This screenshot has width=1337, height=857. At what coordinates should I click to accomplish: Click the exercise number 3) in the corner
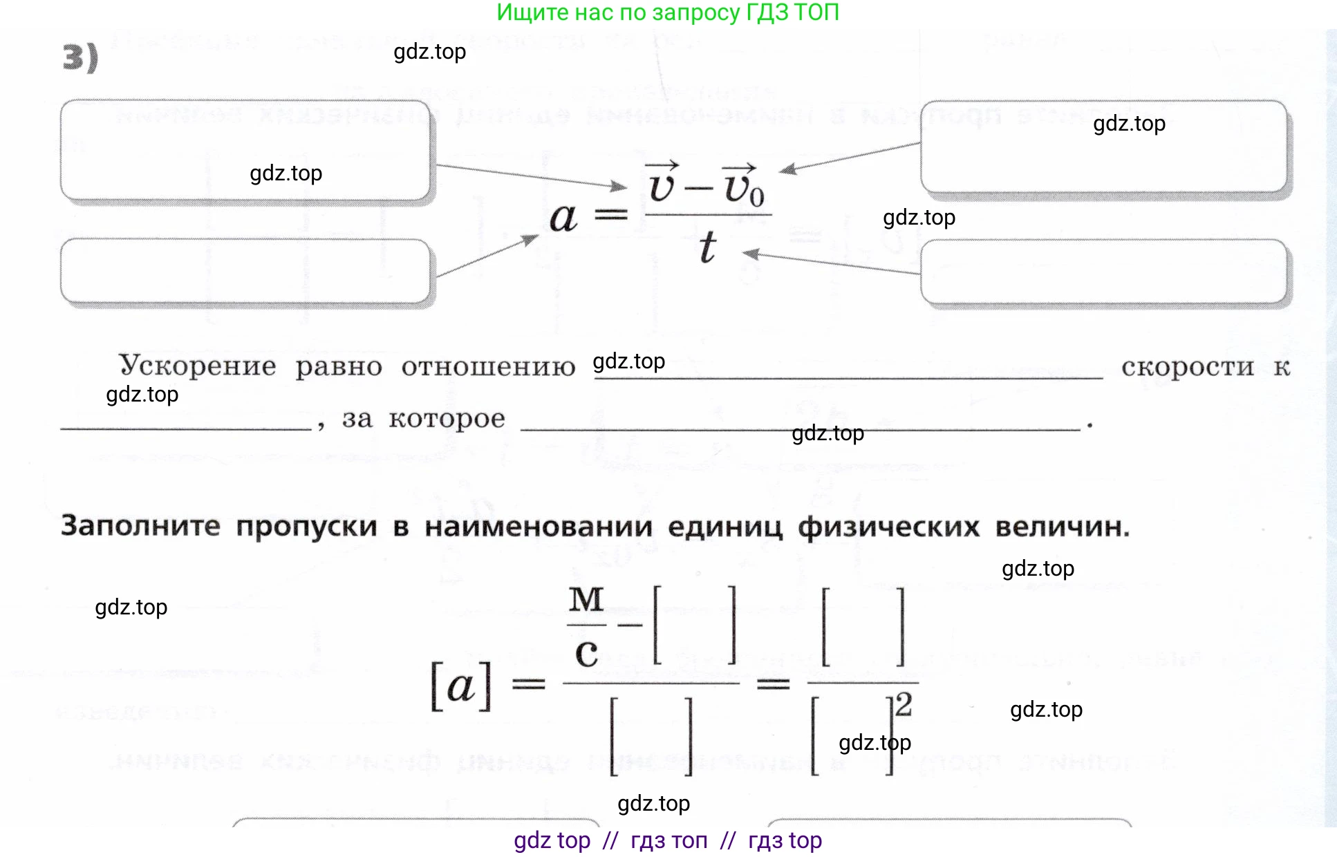click(x=80, y=57)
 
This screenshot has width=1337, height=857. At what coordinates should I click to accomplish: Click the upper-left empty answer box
click(x=245, y=150)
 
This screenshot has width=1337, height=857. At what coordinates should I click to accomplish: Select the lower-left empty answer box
click(x=245, y=271)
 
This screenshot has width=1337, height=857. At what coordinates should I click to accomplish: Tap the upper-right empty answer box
click(x=1104, y=147)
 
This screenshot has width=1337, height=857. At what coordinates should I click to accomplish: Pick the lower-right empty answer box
click(x=1104, y=271)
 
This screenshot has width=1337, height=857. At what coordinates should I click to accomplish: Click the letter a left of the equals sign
click(x=563, y=218)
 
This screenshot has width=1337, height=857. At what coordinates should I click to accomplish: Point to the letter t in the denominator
click(x=707, y=247)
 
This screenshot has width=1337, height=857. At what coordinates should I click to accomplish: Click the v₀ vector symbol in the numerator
click(x=742, y=185)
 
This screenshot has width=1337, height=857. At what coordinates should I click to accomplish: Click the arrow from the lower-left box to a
click(x=487, y=256)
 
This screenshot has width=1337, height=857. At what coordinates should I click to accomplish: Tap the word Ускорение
click(x=198, y=366)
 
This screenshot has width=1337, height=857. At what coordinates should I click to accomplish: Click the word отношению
click(x=488, y=367)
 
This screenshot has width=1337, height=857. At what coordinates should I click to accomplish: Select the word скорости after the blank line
click(x=1187, y=367)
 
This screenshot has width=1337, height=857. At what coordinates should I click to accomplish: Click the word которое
click(x=447, y=419)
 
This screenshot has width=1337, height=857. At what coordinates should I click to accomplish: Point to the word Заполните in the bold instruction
click(x=140, y=526)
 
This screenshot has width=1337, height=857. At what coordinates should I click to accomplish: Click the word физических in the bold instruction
click(x=888, y=527)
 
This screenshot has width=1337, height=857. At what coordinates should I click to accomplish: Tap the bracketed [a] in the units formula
click(x=461, y=686)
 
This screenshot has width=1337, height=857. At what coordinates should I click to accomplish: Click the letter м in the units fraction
click(x=586, y=599)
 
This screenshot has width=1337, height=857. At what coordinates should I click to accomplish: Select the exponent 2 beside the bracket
click(x=904, y=705)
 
